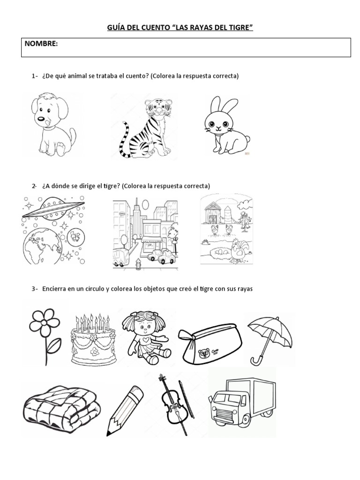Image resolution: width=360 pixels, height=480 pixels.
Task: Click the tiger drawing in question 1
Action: [x=145, y=127]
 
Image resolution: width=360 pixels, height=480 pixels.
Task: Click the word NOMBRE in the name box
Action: [x=41, y=44]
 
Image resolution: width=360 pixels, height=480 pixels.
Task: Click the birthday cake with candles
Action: [x=94, y=339]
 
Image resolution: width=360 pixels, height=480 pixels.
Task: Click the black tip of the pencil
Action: [x=109, y=433]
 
